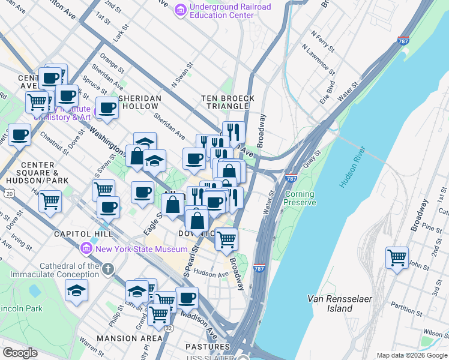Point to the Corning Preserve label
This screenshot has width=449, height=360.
tap(300, 199)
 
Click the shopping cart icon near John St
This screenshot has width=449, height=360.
tap(397, 258)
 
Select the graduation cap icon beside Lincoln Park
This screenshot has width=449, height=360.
tap(76, 291)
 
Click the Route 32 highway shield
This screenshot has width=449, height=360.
tap(169, 328)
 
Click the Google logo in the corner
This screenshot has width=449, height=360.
tap(20, 353)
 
